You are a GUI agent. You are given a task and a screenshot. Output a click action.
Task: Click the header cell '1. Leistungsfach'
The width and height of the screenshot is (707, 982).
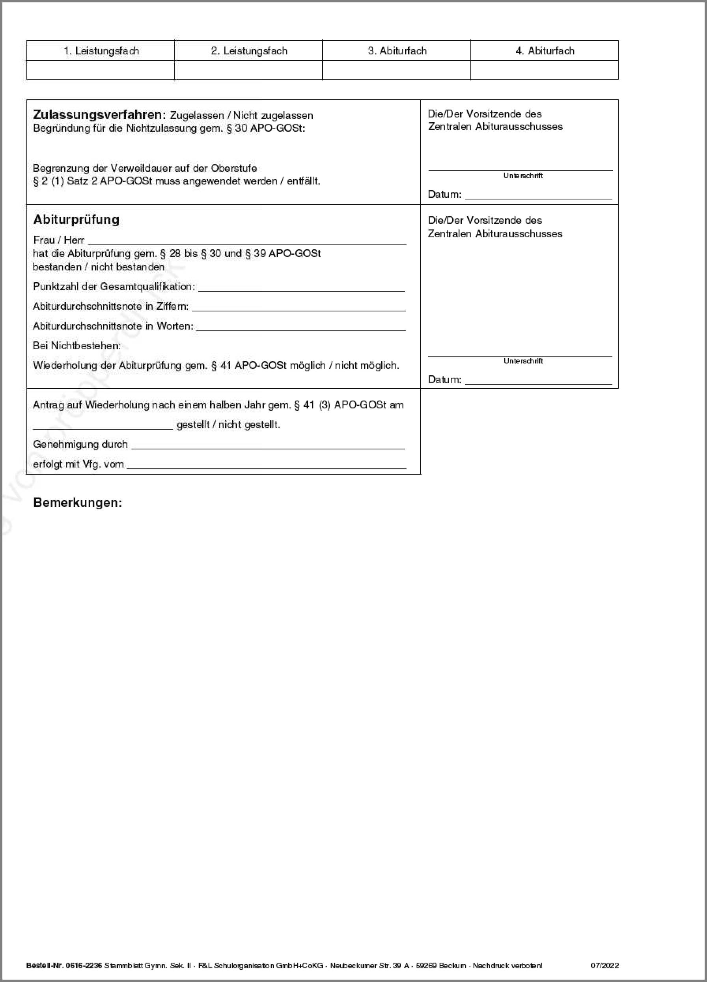coord(101,51)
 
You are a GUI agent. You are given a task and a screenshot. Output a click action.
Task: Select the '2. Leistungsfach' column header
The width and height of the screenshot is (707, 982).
coord(249,51)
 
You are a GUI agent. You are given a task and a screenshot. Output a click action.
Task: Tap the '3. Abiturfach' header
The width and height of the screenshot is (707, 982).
coord(397,51)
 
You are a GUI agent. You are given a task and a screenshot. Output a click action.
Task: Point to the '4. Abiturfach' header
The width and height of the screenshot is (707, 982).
coord(545,51)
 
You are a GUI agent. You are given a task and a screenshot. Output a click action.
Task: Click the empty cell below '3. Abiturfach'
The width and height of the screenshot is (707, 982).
coord(396,70)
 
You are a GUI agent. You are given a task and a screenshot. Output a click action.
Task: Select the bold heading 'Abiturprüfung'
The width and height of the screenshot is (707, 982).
coord(76,220)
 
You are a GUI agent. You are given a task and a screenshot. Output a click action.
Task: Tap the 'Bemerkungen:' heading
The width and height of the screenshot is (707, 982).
coord(78,502)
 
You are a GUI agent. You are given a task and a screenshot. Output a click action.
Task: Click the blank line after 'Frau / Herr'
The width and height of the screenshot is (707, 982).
coord(247,241)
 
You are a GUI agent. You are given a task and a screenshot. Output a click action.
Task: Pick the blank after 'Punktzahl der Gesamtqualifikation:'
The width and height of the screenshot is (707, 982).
coord(302,287)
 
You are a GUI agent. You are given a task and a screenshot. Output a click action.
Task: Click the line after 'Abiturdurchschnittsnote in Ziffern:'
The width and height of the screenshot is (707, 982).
coord(299,307)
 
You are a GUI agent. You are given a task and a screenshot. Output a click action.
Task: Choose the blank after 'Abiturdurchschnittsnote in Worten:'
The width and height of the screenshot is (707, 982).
coord(300,327)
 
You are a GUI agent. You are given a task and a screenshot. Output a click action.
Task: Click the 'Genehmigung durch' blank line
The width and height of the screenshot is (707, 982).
coord(268,445)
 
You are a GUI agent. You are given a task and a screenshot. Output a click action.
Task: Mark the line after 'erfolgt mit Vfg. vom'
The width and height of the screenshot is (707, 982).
coord(266,465)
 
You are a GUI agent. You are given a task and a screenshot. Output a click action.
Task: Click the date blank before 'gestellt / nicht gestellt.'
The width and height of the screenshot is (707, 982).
coord(103,425)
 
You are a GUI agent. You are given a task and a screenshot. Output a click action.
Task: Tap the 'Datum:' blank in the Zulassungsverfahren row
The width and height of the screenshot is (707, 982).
coord(538,195)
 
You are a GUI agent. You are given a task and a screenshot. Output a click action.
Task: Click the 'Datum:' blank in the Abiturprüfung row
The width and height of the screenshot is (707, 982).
coord(538,380)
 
